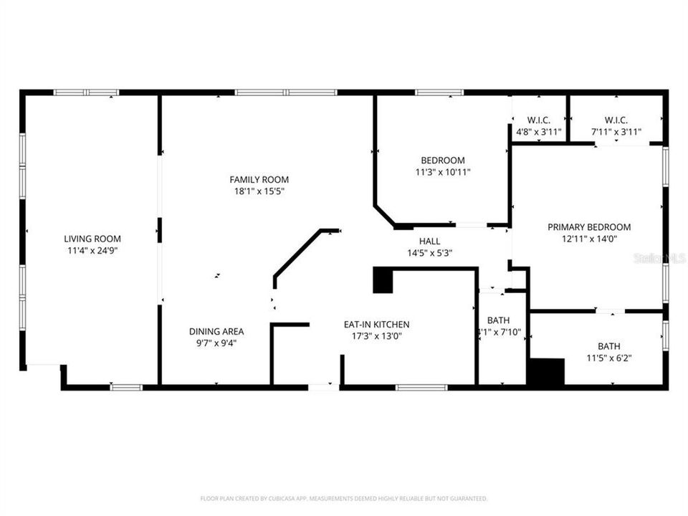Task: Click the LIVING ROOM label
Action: click(92, 239)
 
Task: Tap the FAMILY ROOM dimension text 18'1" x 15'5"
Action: click(259, 191)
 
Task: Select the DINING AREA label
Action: click(216, 331)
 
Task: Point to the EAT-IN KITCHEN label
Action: click(376, 325)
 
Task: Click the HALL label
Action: click(429, 241)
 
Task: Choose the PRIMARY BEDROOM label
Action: click(589, 226)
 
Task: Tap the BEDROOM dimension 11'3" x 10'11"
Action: click(442, 172)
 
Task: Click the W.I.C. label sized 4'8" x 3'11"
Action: click(538, 120)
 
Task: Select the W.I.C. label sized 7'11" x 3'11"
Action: click(616, 120)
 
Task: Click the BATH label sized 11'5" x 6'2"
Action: click(609, 345)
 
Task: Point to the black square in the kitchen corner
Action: click(383, 280)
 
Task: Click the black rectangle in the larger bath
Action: click(546, 372)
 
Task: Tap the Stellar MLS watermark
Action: click(659, 257)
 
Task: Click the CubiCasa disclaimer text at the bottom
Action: click(343, 498)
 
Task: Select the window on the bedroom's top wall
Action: click(439, 92)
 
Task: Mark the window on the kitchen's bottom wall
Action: click(421, 388)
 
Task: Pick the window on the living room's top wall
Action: click(86, 92)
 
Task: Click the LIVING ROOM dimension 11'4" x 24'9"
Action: click(92, 251)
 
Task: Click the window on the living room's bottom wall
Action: click(126, 388)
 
